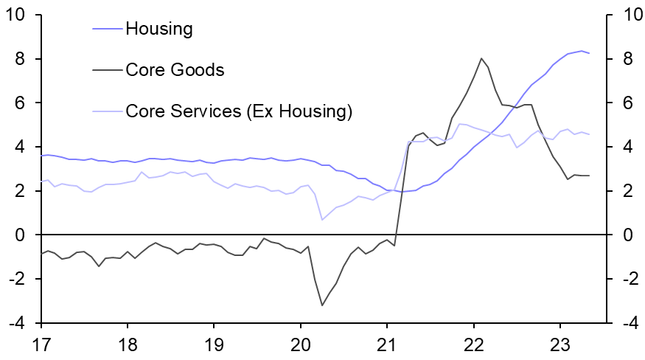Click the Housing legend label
coord(158,30)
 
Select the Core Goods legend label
coord(175,70)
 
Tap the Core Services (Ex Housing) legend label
coord(239,111)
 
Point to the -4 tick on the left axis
coord(19,324)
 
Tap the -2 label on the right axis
coord(626,280)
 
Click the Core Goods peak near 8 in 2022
coord(481,58)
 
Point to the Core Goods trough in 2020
coord(322,305)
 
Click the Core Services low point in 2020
coord(322,220)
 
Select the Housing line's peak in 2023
coord(582,51)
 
